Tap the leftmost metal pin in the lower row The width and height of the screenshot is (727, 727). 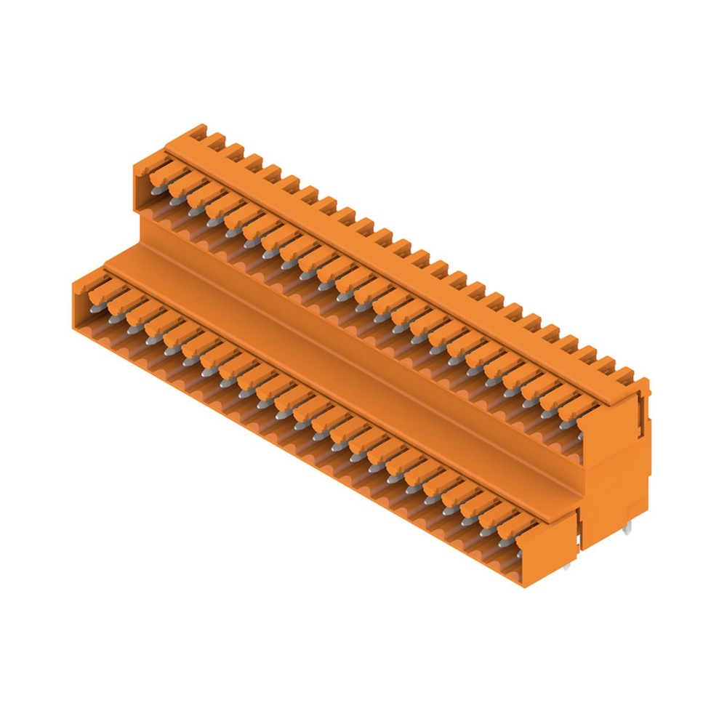(x=113, y=317)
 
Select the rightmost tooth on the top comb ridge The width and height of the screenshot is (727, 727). (x=622, y=373)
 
